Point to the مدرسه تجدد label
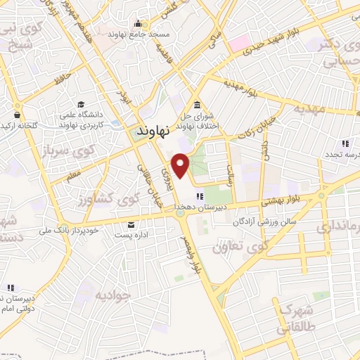[x=342, y=154]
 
